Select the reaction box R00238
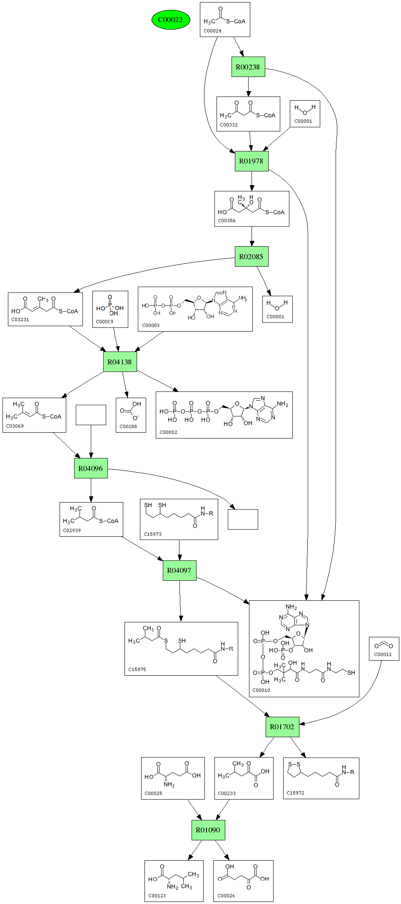point(248,67)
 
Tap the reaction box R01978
point(251,161)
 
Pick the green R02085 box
point(251,257)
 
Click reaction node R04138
point(120,362)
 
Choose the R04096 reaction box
point(91,468)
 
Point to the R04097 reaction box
point(179,570)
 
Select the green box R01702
point(282,727)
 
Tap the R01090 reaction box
point(208,830)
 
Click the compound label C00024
point(212,31)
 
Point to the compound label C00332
point(229,125)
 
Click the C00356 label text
point(227,220)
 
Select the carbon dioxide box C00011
point(384,649)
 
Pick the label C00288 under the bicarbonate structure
point(128,426)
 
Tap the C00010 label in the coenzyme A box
point(261,690)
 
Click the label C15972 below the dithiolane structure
point(295,793)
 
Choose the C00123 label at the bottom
point(157,896)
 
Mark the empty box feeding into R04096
point(91,415)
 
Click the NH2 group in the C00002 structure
point(282,404)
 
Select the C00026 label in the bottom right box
point(226,896)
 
